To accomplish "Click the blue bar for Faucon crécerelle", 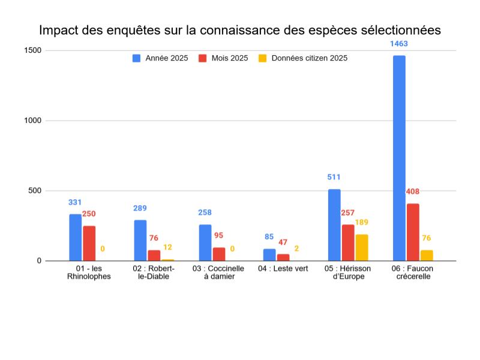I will (399, 158).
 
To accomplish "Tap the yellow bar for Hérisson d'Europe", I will (361, 247).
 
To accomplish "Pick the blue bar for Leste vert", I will (269, 255).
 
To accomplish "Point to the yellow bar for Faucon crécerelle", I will (426, 256).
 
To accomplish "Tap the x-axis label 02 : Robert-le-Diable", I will (154, 272).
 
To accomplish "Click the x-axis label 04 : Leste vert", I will (283, 269).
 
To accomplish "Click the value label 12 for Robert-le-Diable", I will (167, 248).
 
